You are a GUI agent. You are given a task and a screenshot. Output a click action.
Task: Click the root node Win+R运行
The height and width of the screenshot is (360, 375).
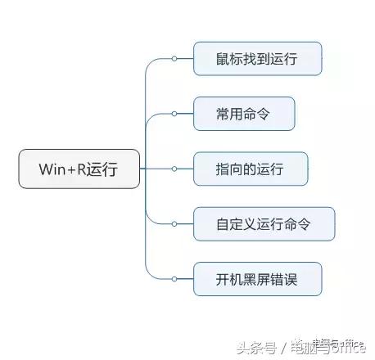(79, 169)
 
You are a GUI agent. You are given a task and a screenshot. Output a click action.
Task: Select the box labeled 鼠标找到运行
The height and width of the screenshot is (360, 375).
(257, 58)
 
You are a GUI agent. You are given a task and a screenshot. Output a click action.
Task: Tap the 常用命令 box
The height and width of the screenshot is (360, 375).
(243, 114)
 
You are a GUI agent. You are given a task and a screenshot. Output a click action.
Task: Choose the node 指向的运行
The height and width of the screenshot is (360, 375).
(250, 169)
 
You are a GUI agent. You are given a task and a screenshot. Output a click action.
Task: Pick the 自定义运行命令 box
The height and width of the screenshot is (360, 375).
(264, 223)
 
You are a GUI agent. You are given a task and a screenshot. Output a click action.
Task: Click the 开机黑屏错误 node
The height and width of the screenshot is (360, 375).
(257, 279)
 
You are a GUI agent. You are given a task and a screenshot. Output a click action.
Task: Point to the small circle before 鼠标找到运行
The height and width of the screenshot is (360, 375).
(174, 58)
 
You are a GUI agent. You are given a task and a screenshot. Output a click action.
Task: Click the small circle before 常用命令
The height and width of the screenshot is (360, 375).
(174, 114)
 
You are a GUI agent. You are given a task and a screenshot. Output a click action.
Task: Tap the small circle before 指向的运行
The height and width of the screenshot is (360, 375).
(174, 169)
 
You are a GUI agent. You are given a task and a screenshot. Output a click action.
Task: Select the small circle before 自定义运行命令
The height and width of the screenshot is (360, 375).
(174, 223)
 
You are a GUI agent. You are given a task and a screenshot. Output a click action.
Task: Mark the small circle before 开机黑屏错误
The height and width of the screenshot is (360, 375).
(174, 279)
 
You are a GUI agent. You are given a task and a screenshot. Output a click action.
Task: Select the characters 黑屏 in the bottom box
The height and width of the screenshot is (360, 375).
(257, 279)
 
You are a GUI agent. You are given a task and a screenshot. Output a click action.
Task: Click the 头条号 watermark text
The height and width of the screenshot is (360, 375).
(254, 346)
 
